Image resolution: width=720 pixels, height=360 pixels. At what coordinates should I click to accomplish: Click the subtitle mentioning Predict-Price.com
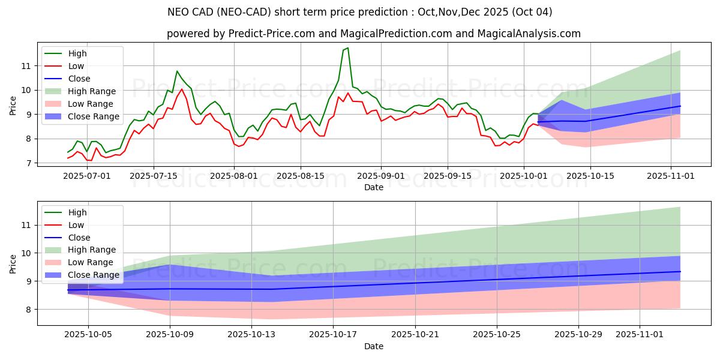373,34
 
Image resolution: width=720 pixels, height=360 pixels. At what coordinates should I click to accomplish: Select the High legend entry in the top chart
77,53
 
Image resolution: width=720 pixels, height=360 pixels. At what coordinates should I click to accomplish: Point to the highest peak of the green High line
347,48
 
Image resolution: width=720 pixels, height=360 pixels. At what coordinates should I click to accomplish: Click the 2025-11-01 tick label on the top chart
670,176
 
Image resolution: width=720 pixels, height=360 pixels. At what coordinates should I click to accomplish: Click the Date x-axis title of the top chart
373,187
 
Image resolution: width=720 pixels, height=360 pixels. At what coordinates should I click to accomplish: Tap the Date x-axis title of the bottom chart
373,347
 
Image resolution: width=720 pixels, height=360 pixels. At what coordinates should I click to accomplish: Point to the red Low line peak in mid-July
181,89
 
